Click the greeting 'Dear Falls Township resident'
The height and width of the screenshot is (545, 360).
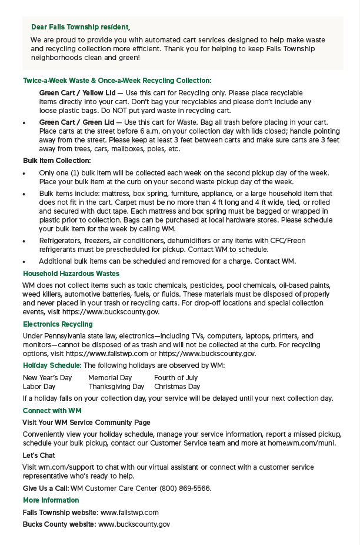tap(80, 27)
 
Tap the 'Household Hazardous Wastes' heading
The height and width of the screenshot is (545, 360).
tap(71, 274)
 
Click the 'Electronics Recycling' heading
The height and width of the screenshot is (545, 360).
tap(58, 324)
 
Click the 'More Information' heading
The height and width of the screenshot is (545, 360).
tap(51, 500)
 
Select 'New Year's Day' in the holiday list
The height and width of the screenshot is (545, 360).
tap(47, 378)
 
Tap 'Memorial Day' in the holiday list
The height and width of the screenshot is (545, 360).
tap(110, 378)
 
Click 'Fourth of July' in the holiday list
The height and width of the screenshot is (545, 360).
tap(176, 378)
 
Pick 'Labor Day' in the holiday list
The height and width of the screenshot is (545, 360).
tap(39, 387)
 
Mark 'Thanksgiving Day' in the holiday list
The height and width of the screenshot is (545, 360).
tap(116, 387)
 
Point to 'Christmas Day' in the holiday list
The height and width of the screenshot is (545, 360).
tap(177, 387)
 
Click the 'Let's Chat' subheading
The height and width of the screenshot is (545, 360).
tap(39, 456)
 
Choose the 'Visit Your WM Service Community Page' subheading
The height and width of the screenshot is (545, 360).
tap(86, 423)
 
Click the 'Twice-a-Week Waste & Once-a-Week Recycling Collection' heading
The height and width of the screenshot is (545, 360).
tap(117, 81)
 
